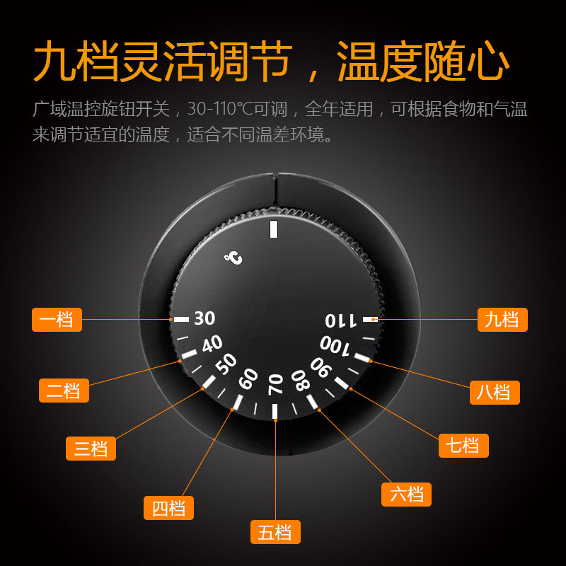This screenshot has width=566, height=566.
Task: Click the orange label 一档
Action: tap(57, 319)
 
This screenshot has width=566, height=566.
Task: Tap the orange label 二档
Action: tap(63, 391)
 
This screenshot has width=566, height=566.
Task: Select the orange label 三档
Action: tap(91, 448)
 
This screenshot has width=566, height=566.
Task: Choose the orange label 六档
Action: tap(406, 494)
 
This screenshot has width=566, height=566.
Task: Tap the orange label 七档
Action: tap(463, 446)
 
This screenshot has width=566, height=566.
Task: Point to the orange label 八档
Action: tap(495, 392)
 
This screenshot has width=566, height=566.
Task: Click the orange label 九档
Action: tap(502, 319)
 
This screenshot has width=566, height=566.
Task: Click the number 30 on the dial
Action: tap(204, 318)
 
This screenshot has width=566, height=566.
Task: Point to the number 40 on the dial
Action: tap(212, 345)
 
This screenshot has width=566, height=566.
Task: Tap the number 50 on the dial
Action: tap(226, 364)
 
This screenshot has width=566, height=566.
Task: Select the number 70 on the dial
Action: tap(275, 384)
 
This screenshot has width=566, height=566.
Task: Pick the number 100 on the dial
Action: tap(335, 345)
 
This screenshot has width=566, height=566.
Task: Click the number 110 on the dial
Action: tap(342, 320)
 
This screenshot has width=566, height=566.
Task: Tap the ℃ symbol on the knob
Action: tap(234, 258)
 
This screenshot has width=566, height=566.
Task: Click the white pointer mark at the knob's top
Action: tap(275, 229)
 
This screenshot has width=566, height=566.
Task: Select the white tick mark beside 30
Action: tap(181, 319)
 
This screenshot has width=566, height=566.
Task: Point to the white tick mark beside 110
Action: tap(369, 320)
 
